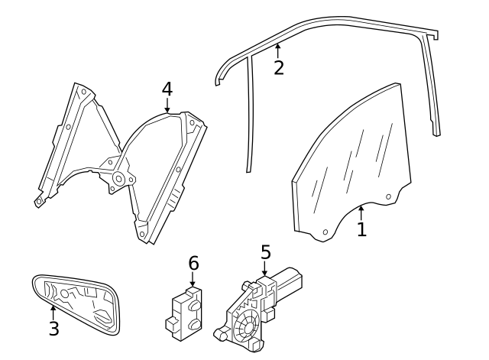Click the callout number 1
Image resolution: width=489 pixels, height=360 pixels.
361,228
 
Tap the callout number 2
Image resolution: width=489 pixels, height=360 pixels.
279,67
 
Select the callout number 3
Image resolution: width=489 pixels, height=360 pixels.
53,329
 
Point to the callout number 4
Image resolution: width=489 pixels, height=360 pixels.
167,89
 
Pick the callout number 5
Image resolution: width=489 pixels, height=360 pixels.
265,251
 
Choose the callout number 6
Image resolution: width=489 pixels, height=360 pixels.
193,263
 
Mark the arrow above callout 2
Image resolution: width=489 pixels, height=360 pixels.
277,50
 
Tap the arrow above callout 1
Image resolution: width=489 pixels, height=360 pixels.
362,209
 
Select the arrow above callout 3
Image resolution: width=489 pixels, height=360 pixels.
53,311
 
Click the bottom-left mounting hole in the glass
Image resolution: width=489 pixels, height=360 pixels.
325,231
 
